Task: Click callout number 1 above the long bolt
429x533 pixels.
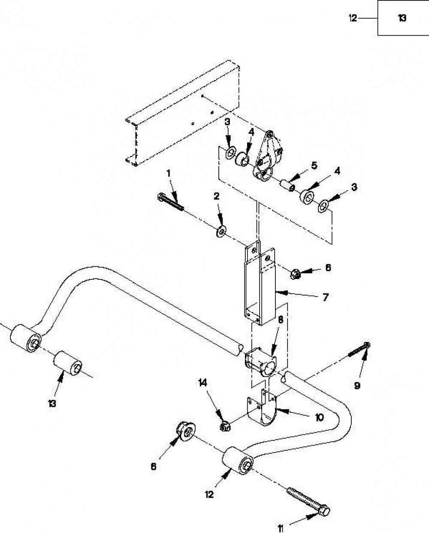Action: pos(169,173)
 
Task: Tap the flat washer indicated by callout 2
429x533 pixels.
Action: pos(221,231)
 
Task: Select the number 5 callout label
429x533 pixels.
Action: pos(314,165)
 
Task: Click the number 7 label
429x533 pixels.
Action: pos(325,297)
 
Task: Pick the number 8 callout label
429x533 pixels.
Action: pos(281,320)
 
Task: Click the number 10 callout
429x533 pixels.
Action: pos(320,418)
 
